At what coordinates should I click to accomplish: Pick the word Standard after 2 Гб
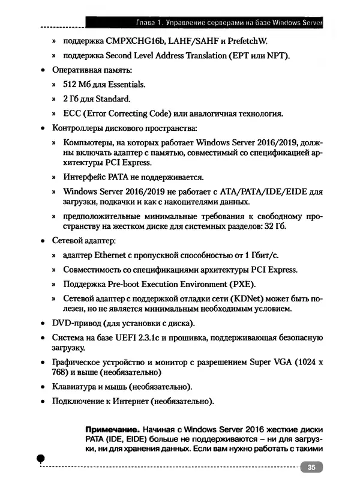[113, 99]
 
